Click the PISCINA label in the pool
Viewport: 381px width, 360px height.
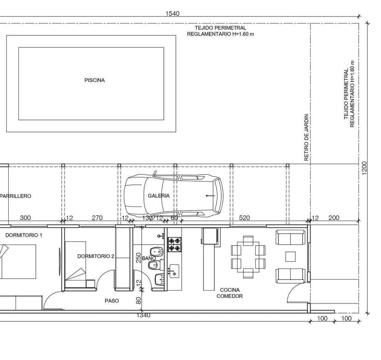[x=94, y=80]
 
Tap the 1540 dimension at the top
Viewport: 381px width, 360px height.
[x=172, y=13]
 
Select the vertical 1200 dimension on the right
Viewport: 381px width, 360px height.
[x=364, y=168]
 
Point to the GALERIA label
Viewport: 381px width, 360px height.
[x=158, y=196]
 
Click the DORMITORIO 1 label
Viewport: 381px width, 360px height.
[x=23, y=235]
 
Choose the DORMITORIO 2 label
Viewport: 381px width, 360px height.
[x=96, y=256]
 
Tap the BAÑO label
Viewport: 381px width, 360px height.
[x=149, y=258]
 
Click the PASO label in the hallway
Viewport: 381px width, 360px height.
[x=112, y=301]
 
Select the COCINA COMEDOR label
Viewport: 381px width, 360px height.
[x=230, y=293]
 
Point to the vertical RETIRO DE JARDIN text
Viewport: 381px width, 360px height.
[x=306, y=137]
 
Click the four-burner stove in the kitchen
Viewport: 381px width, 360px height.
[x=175, y=245]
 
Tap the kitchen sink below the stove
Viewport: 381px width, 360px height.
[x=174, y=271]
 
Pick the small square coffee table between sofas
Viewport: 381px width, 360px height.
[x=290, y=257]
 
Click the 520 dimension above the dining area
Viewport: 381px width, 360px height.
[x=244, y=218]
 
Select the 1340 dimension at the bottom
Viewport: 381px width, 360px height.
[x=144, y=315]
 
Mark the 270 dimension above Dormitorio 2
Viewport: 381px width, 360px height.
[x=97, y=218]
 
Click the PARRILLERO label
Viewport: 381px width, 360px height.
[x=16, y=196]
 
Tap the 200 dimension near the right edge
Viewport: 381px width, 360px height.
[x=334, y=218]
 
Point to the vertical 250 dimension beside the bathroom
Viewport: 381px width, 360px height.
[x=139, y=258]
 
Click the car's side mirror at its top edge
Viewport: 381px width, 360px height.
[x=155, y=173]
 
